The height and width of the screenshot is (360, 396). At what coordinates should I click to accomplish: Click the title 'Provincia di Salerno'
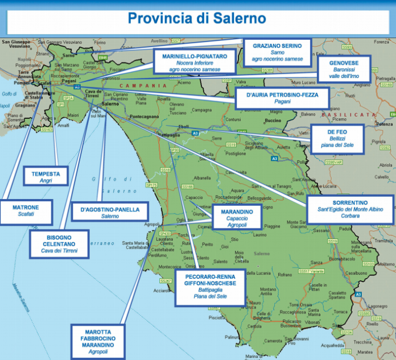196,18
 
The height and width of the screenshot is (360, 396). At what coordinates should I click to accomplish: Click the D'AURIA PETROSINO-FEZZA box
282,97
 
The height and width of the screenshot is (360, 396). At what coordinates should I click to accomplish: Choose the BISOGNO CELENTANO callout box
59,244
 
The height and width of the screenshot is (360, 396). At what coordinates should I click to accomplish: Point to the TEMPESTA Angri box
46,176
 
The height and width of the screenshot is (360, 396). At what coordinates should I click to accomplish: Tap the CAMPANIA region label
143,85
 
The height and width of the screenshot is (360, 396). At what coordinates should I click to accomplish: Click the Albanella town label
202,177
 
